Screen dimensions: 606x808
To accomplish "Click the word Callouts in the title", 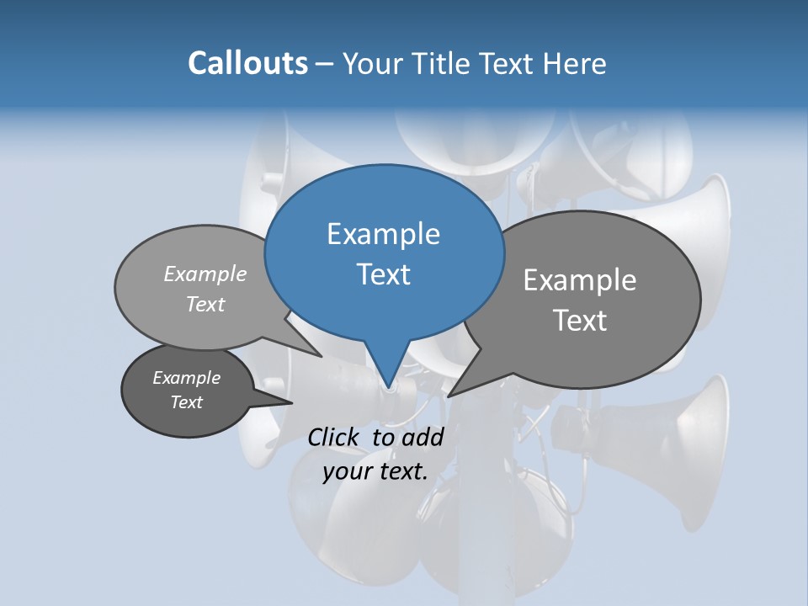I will [247, 63].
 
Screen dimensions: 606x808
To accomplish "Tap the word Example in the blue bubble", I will [383, 234].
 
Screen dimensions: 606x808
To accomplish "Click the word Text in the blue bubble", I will [384, 274].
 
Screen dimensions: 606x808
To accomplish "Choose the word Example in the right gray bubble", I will [580, 280].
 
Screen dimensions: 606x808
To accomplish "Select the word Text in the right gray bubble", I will [580, 321].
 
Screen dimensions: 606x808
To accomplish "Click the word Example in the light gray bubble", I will [205, 274].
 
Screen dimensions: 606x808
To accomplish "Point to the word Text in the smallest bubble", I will [187, 402].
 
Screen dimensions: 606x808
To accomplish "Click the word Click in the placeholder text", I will [332, 437].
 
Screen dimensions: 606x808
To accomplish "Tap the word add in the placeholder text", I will [423, 437].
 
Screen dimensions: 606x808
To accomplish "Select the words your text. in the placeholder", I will [375, 471].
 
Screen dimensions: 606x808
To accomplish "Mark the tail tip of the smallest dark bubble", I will [291, 403].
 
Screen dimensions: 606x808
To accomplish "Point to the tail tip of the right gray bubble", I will [449, 396].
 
